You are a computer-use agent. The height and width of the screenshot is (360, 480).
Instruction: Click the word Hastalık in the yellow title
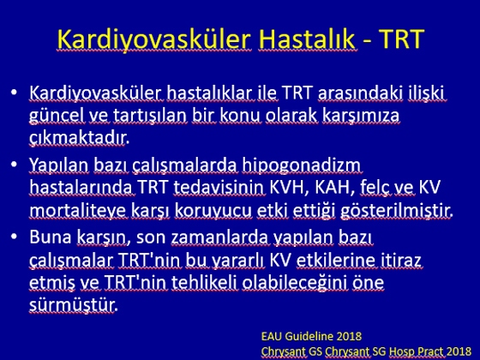[x=307, y=39]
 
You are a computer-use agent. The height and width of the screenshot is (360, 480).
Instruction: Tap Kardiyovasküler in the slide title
[x=154, y=40]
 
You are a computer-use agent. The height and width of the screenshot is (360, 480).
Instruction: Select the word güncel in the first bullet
[x=57, y=117]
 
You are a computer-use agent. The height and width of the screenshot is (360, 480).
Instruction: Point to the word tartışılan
[x=150, y=116]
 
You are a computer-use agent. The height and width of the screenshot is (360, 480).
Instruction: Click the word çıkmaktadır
[x=79, y=138]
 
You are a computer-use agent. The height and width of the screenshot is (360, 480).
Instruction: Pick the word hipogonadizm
[x=301, y=166]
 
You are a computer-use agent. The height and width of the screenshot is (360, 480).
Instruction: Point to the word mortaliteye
[x=78, y=211]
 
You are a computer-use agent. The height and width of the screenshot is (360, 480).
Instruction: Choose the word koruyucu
[x=213, y=212]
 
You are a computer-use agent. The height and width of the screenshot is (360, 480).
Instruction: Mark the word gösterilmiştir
[x=396, y=211]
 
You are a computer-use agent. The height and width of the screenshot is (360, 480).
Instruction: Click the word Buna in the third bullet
[x=51, y=237]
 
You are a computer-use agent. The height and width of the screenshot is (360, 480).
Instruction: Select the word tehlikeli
[x=204, y=282]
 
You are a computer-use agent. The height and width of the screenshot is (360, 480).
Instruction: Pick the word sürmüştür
[x=73, y=305]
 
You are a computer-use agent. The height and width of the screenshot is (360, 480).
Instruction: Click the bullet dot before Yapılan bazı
[x=14, y=165]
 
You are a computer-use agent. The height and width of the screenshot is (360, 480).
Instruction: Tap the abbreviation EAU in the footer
[x=272, y=337]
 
